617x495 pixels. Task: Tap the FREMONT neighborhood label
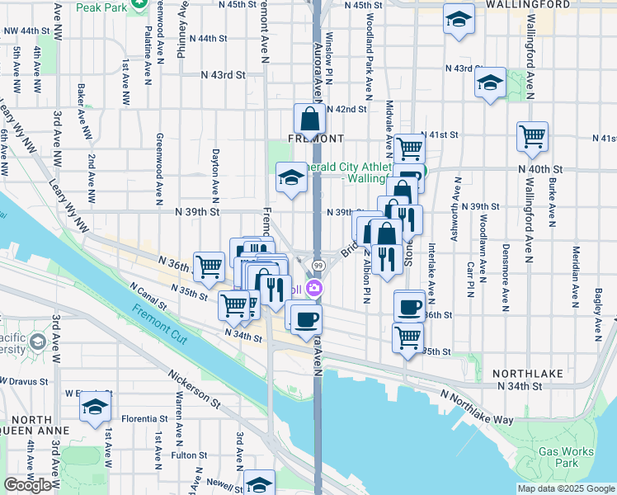pyautogui.click(x=310, y=138)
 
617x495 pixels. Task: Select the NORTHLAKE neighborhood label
pyautogui.click(x=528, y=374)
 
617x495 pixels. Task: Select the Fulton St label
pyautogui.click(x=189, y=455)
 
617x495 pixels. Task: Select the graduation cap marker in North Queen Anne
pyautogui.click(x=96, y=408)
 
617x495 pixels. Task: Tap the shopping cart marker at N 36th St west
pyautogui.click(x=210, y=266)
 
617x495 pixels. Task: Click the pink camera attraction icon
pyautogui.click(x=313, y=288)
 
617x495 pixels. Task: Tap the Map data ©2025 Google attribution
pyautogui.click(x=565, y=488)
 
